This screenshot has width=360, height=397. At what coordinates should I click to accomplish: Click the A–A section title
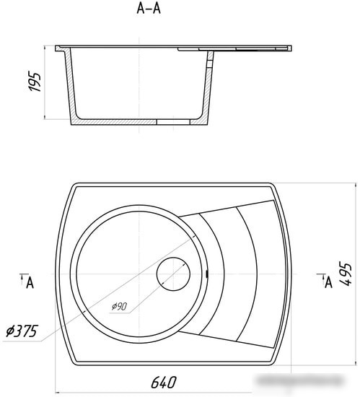click(x=149, y=9)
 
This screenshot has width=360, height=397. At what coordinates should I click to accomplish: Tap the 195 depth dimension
click(x=35, y=82)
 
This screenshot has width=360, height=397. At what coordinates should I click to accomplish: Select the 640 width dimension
click(x=164, y=382)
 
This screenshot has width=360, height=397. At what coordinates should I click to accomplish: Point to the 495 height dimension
click(x=345, y=275)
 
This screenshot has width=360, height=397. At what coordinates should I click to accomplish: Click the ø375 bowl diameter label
click(x=22, y=331)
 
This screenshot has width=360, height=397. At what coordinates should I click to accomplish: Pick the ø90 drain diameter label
click(x=119, y=306)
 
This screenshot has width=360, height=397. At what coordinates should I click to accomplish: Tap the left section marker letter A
click(x=30, y=282)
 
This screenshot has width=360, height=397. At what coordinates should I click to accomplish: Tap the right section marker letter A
click(x=328, y=282)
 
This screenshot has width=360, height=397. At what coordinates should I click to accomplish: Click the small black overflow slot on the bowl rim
click(x=207, y=274)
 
